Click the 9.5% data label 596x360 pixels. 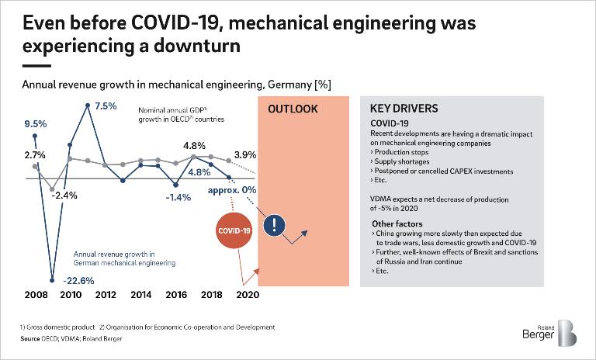[x=36, y=123]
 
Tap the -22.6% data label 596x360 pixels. [x=78, y=280]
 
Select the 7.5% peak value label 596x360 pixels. [x=106, y=106]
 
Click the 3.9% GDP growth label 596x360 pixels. [x=245, y=154]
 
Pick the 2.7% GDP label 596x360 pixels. [x=35, y=154]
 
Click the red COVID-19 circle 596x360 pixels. [x=234, y=230]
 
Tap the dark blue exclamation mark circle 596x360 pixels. [x=275, y=225]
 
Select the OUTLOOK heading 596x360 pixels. [x=293, y=109]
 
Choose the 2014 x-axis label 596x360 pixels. [x=140, y=295]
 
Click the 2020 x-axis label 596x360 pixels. [x=247, y=295]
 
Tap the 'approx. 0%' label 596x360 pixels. [x=233, y=189]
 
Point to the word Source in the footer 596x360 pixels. [x=30, y=338]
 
